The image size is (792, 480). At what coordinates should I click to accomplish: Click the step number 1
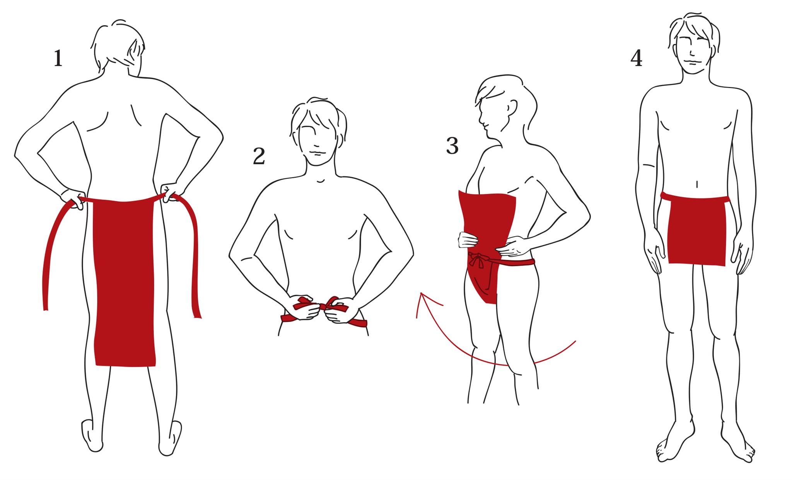[58, 59]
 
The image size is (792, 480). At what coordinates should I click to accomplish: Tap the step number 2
[259, 156]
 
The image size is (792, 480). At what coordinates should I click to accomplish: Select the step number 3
[452, 146]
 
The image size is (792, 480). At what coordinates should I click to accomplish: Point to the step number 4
[636, 59]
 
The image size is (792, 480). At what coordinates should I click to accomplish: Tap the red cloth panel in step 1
[125, 282]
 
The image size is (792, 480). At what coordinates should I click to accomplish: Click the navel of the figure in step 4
[697, 184]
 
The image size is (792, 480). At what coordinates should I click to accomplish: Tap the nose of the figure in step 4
[691, 49]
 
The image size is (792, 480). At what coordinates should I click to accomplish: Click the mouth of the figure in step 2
[316, 153]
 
